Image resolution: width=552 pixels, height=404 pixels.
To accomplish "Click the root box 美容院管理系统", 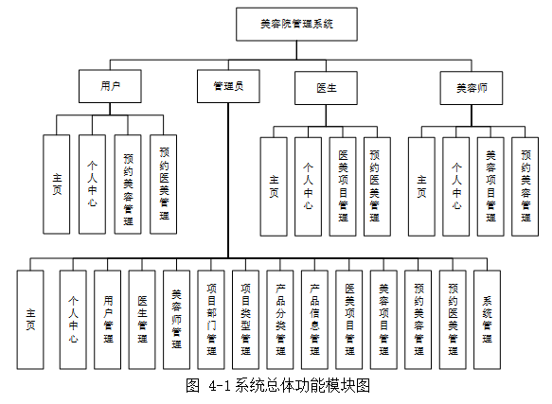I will click(x=295, y=25).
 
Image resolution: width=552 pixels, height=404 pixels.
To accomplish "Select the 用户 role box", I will click(x=109, y=86).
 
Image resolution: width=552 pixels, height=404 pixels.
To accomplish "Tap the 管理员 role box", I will click(x=227, y=86).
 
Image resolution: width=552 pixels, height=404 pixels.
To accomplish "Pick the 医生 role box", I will click(x=327, y=86).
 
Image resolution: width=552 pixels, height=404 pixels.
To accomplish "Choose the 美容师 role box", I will click(x=471, y=86).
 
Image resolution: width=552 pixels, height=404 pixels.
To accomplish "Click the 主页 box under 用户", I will click(x=56, y=184).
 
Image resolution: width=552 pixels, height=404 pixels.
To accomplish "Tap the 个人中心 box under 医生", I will click(x=308, y=186).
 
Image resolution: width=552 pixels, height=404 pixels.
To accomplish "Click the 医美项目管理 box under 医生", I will click(x=343, y=186).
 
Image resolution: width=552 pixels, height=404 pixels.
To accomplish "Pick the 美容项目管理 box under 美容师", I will click(x=490, y=186).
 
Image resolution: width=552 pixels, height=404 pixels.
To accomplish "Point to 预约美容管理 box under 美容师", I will click(x=525, y=186).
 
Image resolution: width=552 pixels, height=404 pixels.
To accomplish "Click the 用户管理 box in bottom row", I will click(x=107, y=319).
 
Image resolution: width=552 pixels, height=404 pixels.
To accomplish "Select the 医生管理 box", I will click(x=142, y=319).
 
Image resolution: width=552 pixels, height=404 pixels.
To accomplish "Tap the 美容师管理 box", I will click(x=176, y=319).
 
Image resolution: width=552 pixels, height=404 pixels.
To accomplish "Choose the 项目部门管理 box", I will click(x=211, y=319).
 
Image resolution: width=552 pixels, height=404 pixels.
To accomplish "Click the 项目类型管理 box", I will click(x=245, y=319).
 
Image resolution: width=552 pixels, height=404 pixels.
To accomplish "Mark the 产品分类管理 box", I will click(x=280, y=319).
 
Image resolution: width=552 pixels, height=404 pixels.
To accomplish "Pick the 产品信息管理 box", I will click(x=314, y=319).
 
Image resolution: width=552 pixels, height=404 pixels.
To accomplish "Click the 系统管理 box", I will click(x=488, y=319).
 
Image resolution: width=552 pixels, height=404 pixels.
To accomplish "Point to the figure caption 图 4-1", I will click(x=276, y=385).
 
